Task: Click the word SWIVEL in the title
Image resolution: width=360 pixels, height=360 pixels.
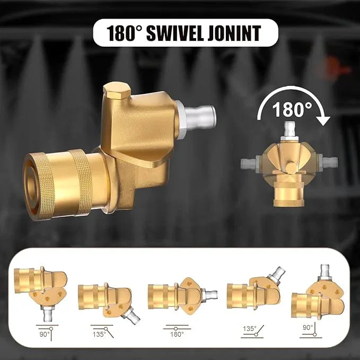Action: [175, 33]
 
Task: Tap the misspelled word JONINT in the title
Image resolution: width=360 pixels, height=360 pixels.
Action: [234, 33]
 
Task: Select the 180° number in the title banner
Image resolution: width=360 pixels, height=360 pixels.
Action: [125, 33]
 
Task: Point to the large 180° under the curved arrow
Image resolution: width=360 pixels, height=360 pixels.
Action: [292, 110]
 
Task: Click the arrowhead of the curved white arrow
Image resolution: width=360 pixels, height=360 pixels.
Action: [323, 121]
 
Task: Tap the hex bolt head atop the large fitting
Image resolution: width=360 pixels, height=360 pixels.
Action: [117, 91]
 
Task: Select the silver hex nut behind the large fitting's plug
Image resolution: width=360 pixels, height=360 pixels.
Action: [180, 120]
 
